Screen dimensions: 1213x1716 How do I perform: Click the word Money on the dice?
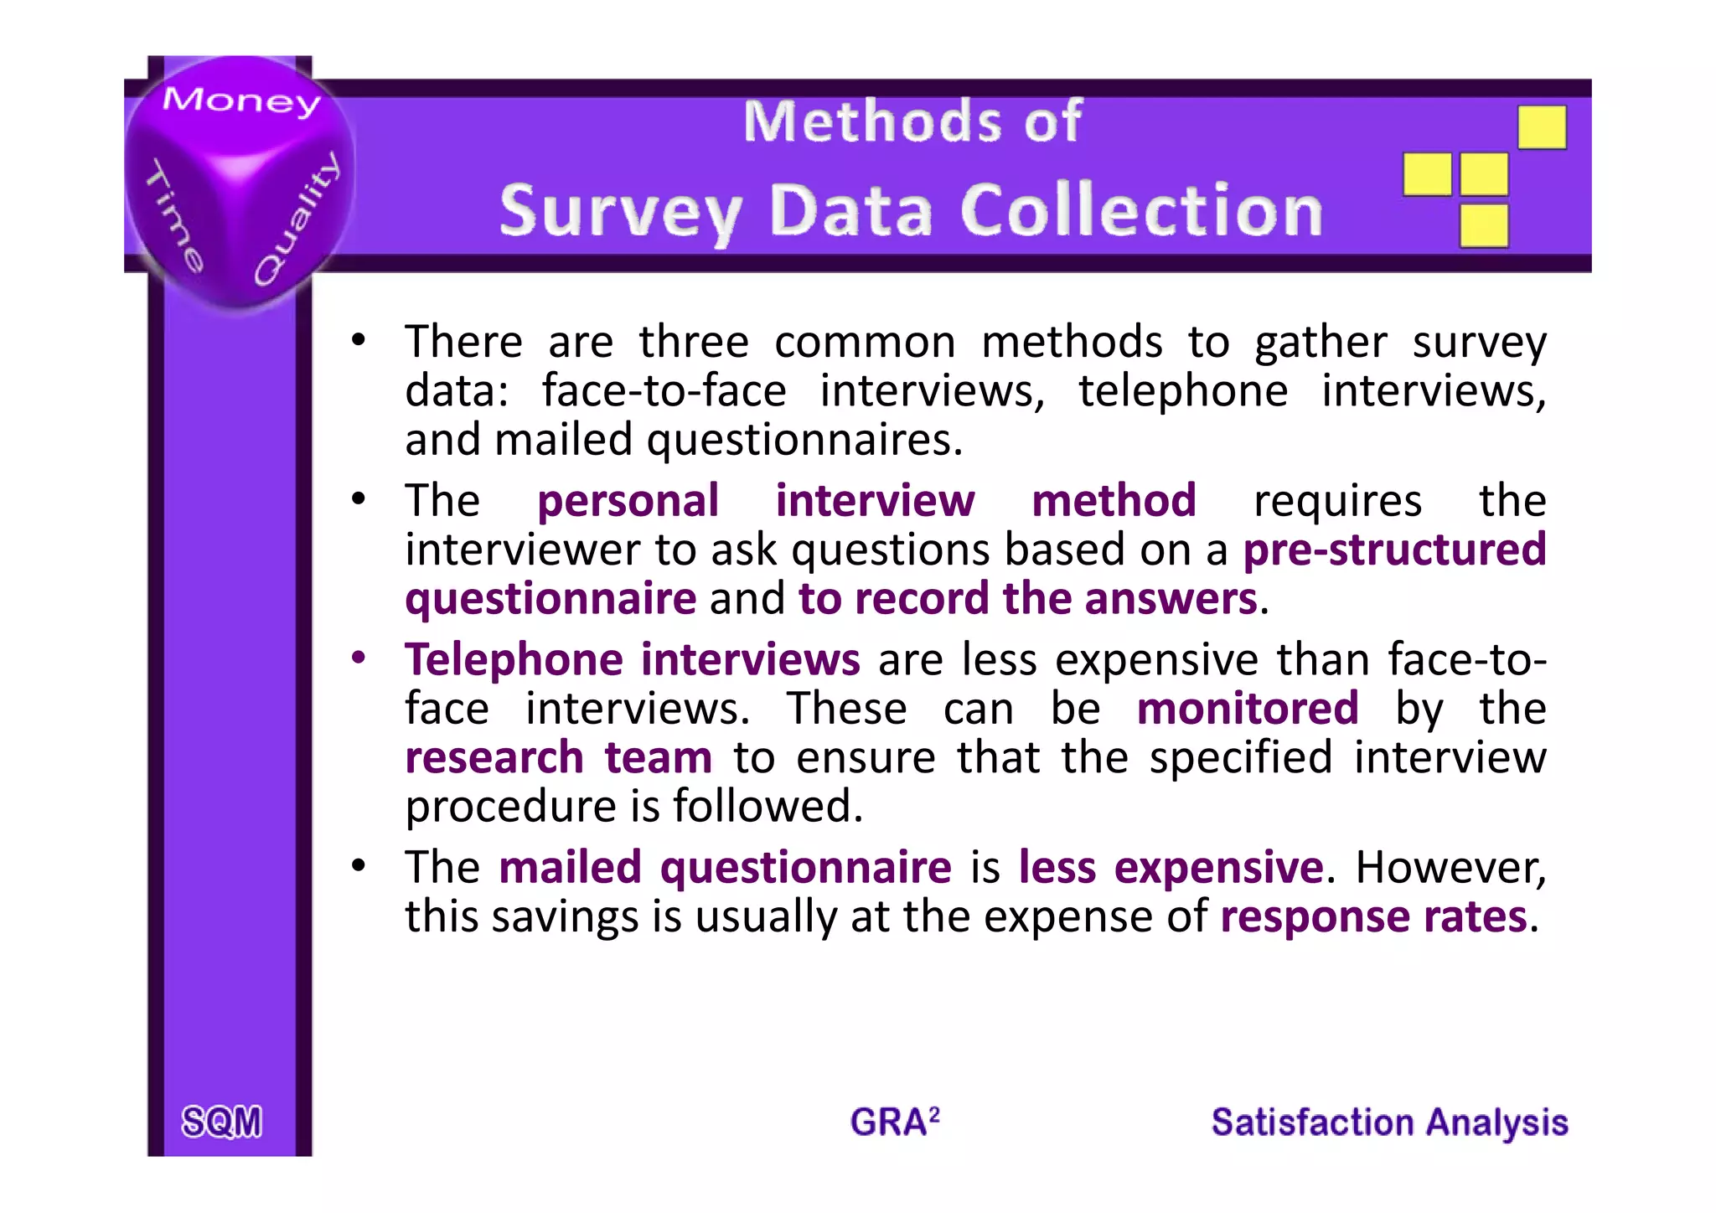point(241,101)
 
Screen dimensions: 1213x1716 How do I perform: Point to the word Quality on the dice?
point(297,219)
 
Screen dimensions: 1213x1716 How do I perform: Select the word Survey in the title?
point(620,212)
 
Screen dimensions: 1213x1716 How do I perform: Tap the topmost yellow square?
point(1542,127)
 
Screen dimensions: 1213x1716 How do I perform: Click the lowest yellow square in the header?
point(1484,225)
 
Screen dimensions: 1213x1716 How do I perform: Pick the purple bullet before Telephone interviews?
point(359,658)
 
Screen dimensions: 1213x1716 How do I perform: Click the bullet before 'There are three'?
point(359,340)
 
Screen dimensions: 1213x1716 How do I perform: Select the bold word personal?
point(628,501)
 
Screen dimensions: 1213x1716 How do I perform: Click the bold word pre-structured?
point(1394,550)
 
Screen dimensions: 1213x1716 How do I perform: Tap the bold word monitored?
point(1248,709)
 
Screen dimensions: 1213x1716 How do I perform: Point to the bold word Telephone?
point(514,659)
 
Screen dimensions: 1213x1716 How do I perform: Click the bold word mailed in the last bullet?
point(570,867)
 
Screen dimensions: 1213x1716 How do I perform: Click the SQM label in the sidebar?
point(222,1122)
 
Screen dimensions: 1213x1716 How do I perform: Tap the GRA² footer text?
point(894,1122)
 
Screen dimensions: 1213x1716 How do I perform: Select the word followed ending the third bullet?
point(767,806)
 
